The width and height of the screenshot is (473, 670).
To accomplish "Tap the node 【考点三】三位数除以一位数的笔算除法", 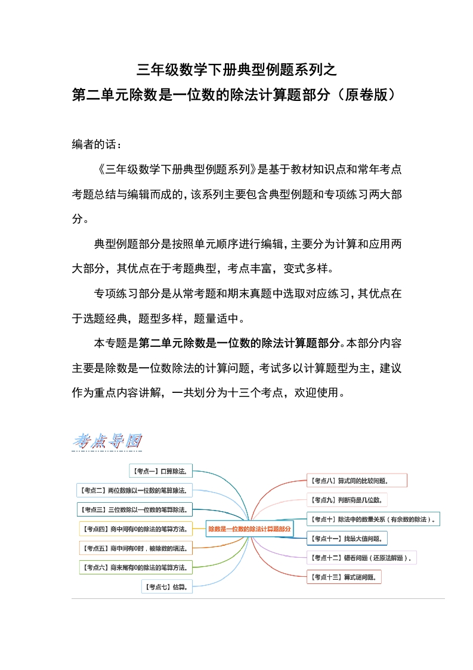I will click(x=135, y=509).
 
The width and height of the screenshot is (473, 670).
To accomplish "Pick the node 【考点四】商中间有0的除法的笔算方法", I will click(x=136, y=528).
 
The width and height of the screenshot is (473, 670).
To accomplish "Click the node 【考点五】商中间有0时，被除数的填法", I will click(x=136, y=548).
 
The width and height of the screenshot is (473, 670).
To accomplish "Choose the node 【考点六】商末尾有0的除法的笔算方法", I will click(x=136, y=567).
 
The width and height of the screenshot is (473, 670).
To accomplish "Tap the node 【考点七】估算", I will click(x=167, y=586).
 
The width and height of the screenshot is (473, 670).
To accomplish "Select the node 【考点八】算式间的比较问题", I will click(x=357, y=480).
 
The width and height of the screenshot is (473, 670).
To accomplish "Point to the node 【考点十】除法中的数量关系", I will click(x=373, y=519).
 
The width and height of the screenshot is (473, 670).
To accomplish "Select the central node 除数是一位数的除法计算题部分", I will click(x=249, y=528).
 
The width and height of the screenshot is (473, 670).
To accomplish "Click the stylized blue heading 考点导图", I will click(x=107, y=441).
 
